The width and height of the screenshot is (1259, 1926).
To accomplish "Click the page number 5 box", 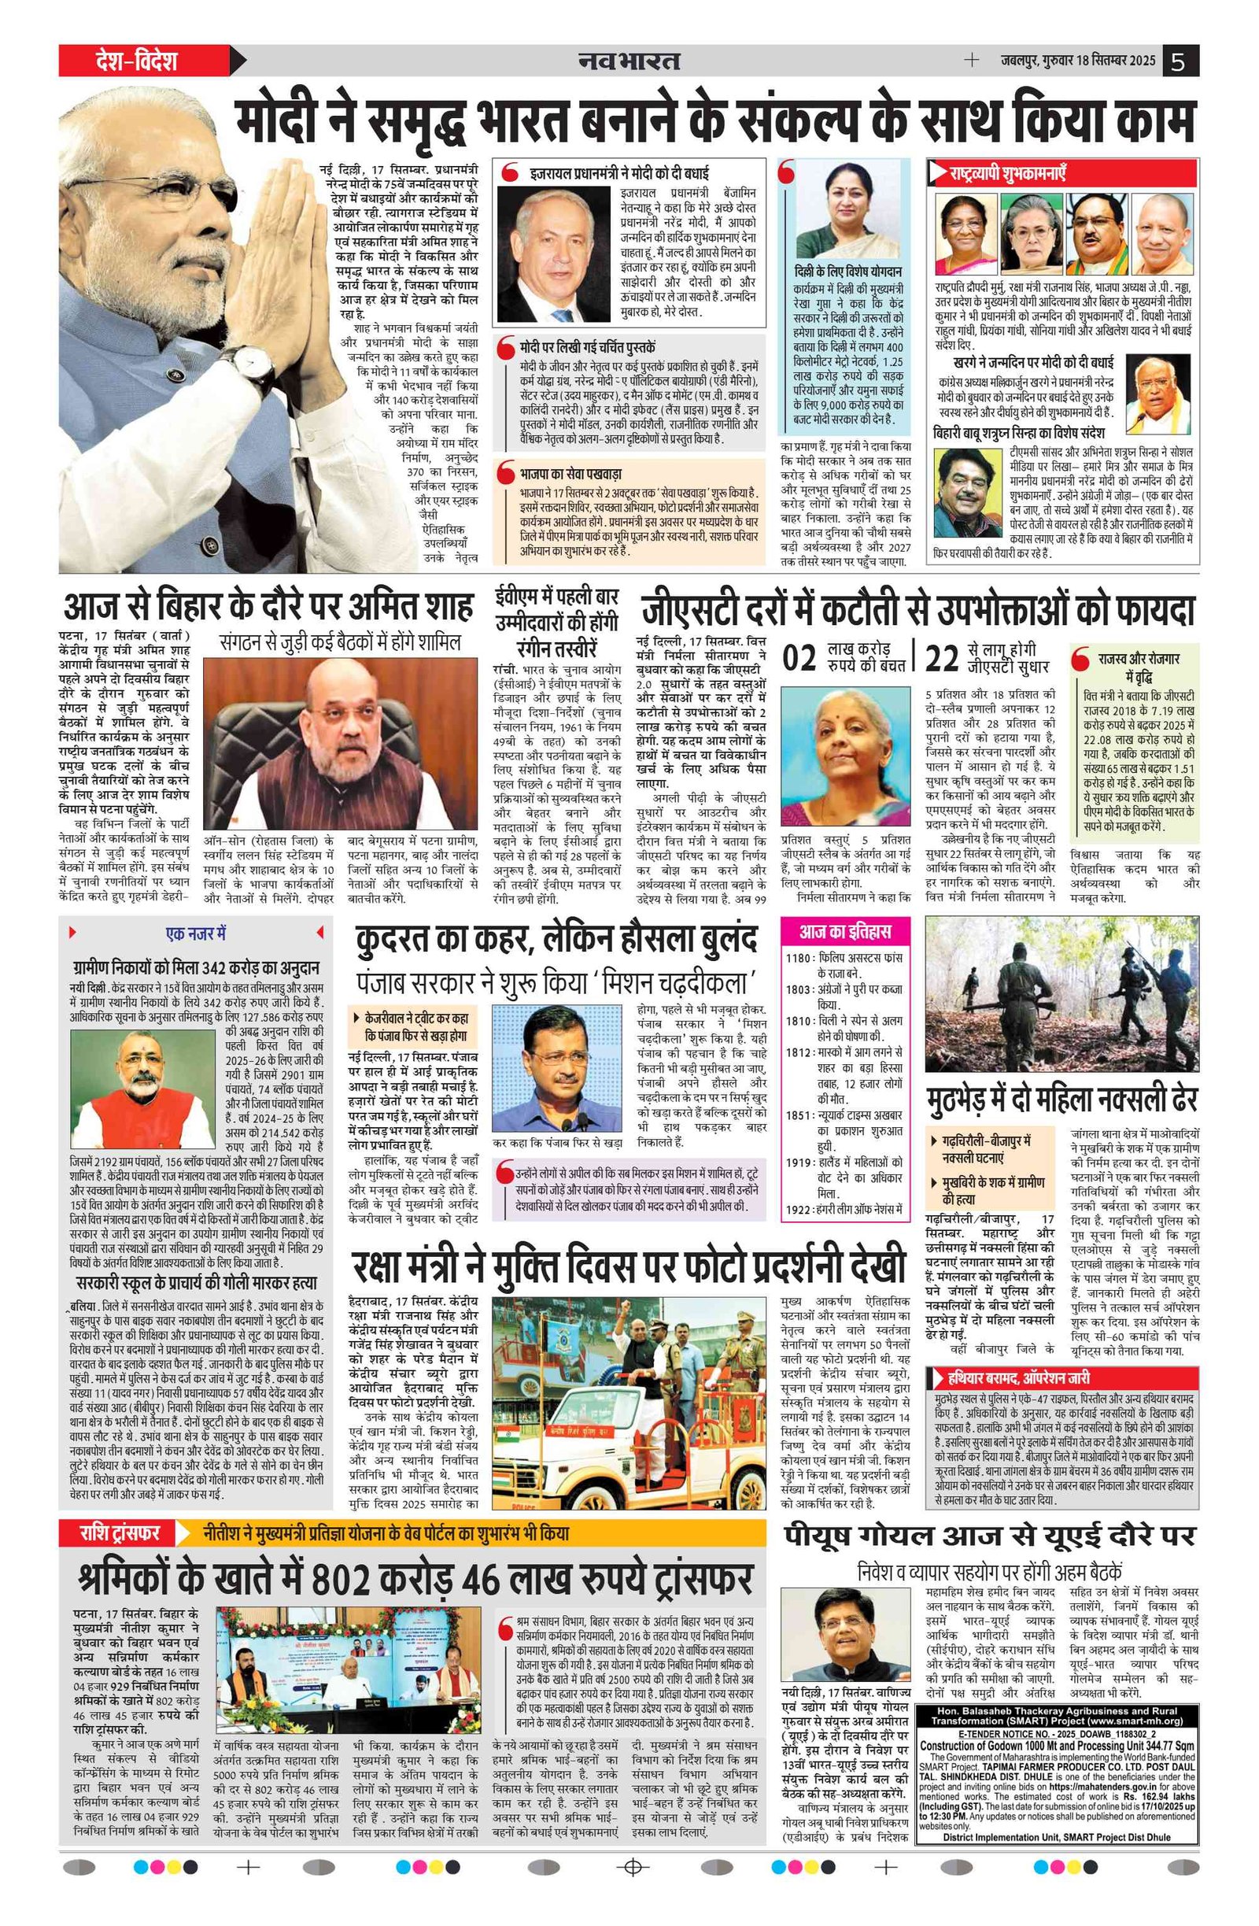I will coord(1180,61).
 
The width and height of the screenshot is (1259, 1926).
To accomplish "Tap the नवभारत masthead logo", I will coord(629,61).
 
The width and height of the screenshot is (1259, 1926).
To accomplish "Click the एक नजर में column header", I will coord(196,933).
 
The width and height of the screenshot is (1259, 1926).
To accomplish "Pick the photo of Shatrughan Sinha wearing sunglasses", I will coord(967,490).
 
